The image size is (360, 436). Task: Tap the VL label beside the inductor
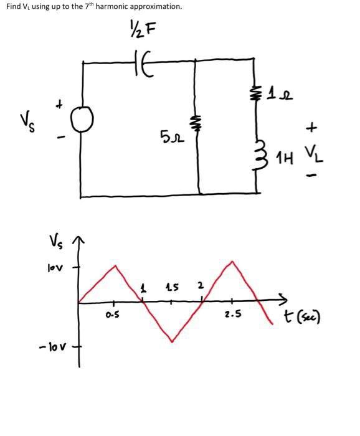click(311, 151)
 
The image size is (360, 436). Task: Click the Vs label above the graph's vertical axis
click(55, 240)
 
